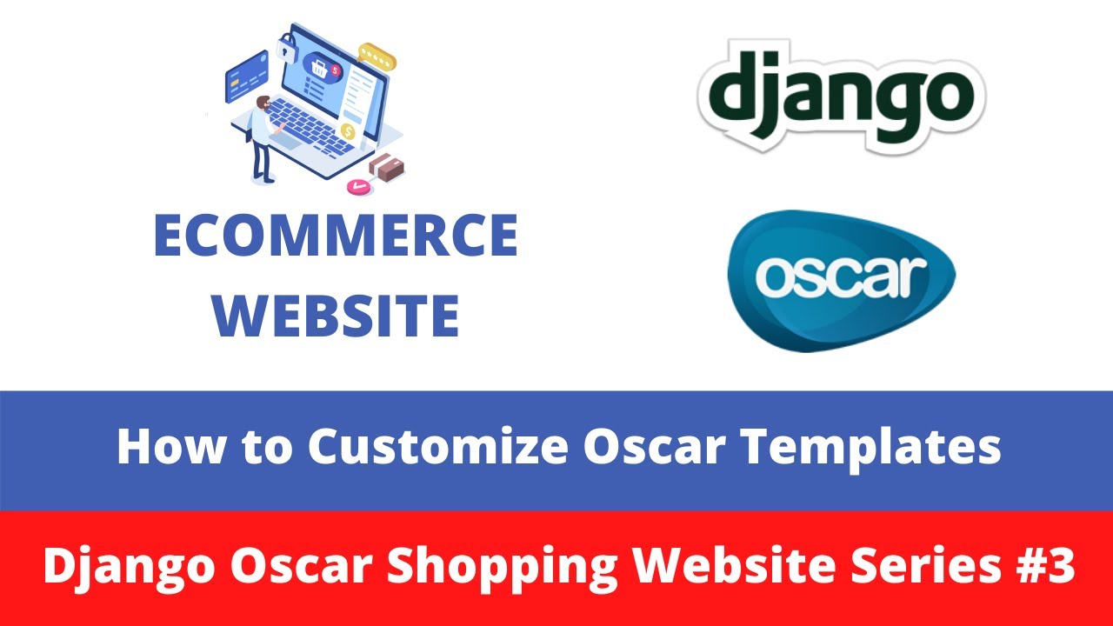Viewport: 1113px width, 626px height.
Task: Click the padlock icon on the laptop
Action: (286, 48)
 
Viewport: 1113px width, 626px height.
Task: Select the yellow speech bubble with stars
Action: (377, 57)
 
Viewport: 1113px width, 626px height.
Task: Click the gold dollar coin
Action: (348, 131)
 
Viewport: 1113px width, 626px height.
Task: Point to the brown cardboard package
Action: (387, 167)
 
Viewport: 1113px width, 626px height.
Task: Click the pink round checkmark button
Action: (358, 186)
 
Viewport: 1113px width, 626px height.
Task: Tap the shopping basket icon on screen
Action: (318, 68)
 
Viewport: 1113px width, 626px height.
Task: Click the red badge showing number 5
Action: (336, 70)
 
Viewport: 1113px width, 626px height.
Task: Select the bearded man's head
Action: (263, 103)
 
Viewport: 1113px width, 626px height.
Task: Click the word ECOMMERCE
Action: (337, 235)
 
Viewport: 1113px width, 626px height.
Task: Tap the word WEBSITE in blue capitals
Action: (336, 316)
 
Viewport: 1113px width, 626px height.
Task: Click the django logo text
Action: (841, 96)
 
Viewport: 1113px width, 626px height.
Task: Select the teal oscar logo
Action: (841, 281)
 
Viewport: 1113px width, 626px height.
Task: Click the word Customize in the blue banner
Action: (437, 446)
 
